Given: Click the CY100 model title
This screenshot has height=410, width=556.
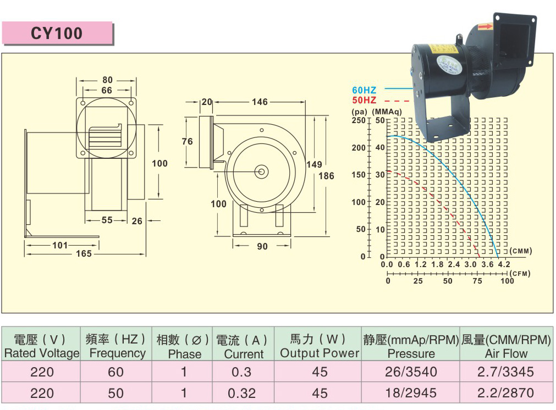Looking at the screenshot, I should (57, 34).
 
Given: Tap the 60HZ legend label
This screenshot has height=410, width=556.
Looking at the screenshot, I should (364, 90).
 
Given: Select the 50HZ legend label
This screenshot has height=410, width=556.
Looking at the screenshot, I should (364, 100).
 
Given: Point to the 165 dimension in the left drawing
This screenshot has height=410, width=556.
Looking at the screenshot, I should (84, 254).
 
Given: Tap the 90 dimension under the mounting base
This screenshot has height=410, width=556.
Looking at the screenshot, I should (262, 247).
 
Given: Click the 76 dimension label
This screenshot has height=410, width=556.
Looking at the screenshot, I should (188, 141).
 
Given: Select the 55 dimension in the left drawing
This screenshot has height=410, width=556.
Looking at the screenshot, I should (107, 220).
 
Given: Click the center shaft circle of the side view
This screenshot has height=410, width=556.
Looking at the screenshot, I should (261, 171).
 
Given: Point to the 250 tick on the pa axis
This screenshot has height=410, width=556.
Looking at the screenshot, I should (358, 120).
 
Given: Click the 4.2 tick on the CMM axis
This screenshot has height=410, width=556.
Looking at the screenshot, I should (504, 265).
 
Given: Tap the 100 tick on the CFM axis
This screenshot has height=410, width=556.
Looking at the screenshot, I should (507, 281).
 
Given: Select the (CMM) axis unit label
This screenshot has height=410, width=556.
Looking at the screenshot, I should (521, 251).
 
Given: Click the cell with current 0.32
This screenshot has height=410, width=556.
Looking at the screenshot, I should (241, 393).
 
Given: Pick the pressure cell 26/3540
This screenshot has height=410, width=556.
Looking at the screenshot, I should (411, 372).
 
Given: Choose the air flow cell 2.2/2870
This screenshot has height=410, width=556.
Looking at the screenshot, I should (506, 393).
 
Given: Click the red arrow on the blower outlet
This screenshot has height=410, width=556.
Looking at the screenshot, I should (485, 26).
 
